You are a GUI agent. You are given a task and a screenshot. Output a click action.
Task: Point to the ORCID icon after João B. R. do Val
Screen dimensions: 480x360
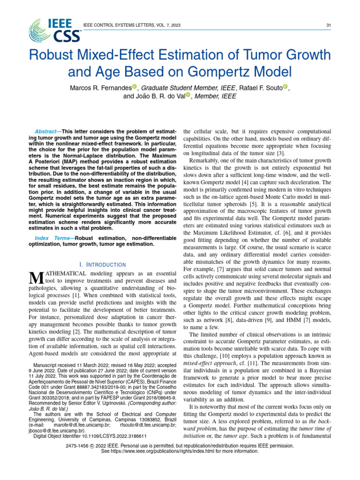(x=189, y=96)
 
